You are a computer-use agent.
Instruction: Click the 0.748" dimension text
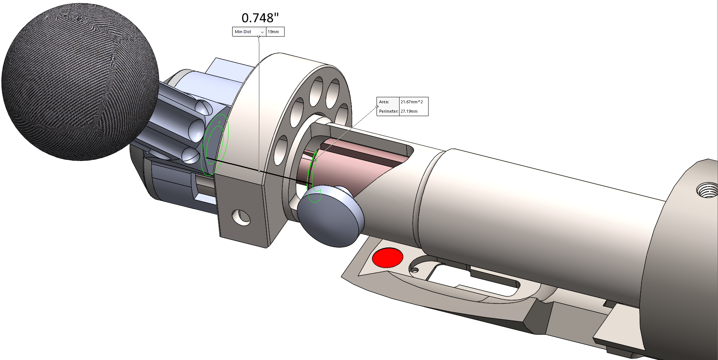point(260,18)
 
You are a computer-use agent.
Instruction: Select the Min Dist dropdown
point(249,32)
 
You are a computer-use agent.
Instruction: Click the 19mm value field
point(275,32)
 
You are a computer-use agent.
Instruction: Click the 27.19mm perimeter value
point(409,111)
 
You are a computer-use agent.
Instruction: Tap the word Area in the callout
point(384,102)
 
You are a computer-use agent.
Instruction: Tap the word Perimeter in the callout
point(388,111)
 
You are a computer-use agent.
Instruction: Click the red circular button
point(387,258)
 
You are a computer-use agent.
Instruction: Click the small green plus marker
point(219,123)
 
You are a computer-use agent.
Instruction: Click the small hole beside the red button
point(415,270)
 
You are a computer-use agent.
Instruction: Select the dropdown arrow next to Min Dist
point(262,32)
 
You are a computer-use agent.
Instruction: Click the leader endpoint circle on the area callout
point(377,106)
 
